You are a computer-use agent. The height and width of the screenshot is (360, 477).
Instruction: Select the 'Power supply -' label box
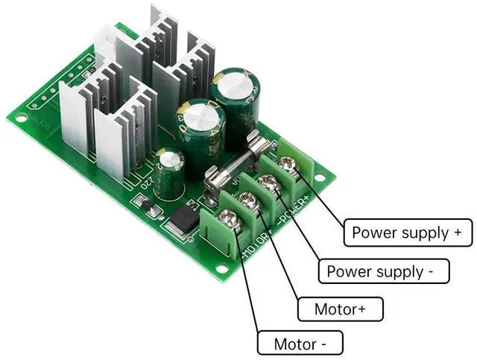tap(385, 271)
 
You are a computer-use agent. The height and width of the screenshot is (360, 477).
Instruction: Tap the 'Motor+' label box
tap(339, 309)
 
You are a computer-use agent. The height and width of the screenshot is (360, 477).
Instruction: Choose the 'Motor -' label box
tap(300, 344)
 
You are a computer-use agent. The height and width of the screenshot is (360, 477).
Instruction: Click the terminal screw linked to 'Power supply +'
tap(288, 165)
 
